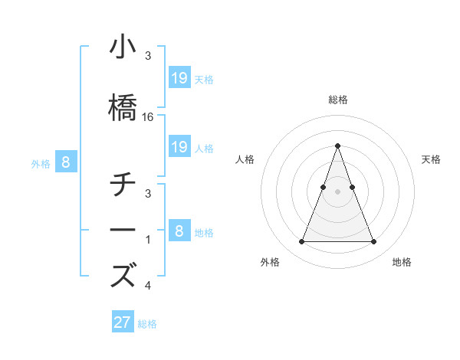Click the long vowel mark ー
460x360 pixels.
click(x=123, y=230)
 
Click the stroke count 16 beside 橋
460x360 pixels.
click(x=149, y=117)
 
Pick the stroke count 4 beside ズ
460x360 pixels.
click(x=148, y=286)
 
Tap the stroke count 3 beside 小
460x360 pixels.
click(x=148, y=56)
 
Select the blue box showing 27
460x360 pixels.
click(x=123, y=322)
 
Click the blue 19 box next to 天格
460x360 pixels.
click(x=179, y=77)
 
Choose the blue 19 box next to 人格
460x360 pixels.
click(x=179, y=147)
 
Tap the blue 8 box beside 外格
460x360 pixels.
click(x=66, y=162)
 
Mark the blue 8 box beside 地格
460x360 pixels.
click(x=179, y=231)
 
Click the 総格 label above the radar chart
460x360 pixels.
click(x=337, y=100)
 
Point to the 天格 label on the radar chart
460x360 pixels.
click(x=431, y=159)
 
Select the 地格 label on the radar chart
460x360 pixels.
click(x=402, y=262)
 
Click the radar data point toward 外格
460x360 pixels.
click(x=301, y=242)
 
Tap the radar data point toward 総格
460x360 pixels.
click(x=337, y=146)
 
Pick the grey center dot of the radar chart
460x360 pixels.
click(x=337, y=191)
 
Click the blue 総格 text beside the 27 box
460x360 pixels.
click(x=147, y=324)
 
